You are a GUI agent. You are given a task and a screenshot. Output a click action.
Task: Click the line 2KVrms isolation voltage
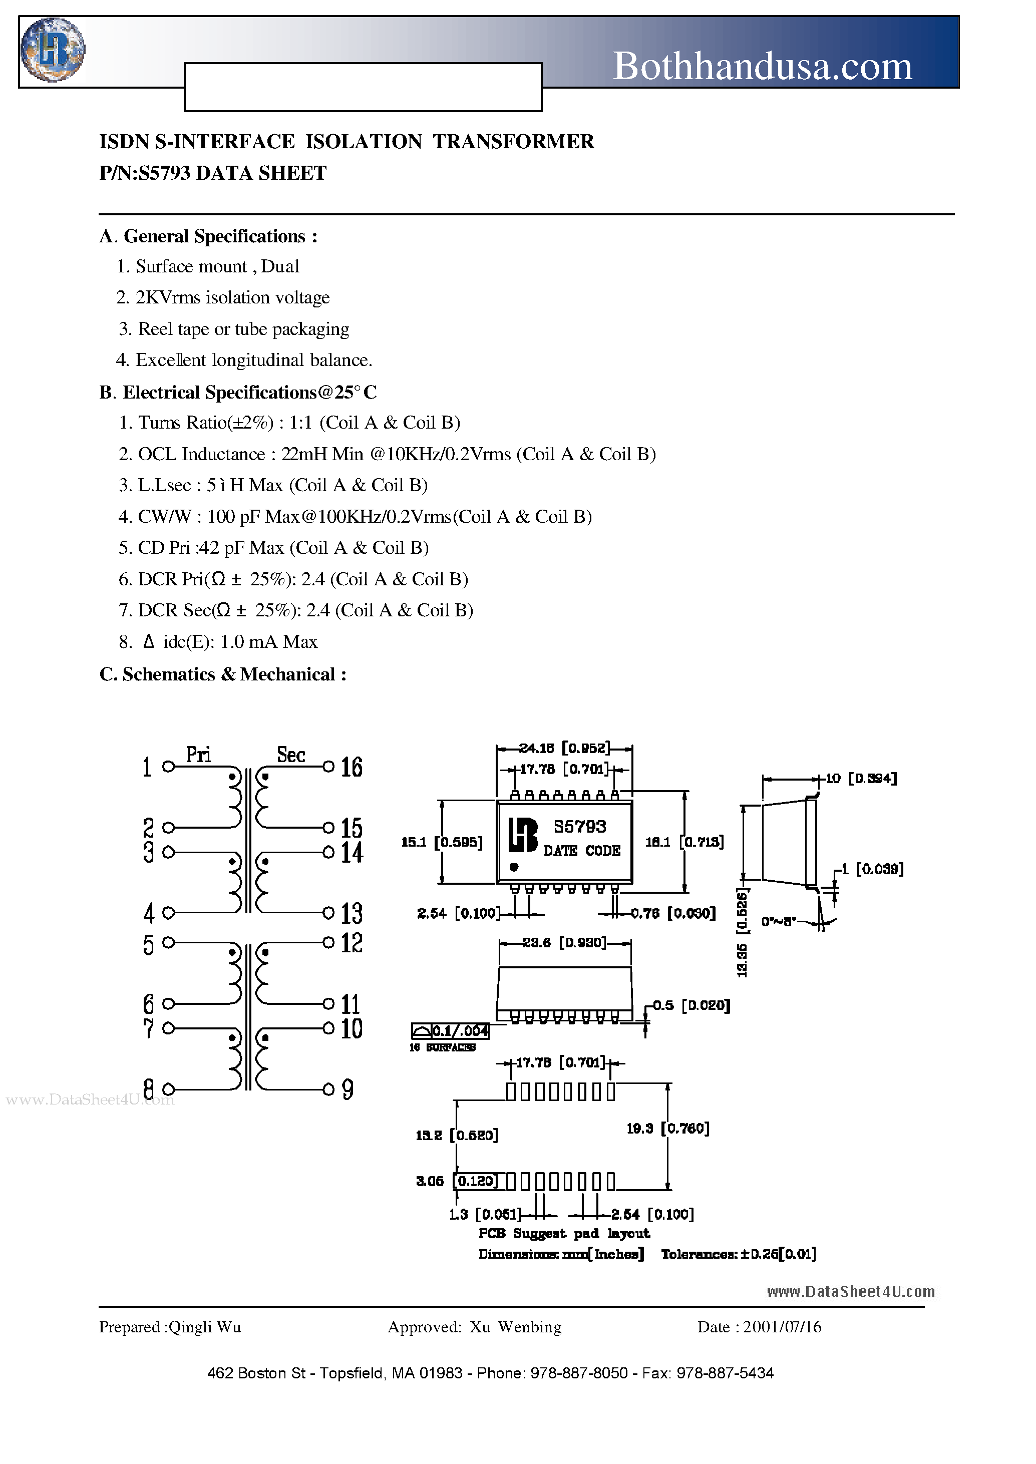click(x=232, y=297)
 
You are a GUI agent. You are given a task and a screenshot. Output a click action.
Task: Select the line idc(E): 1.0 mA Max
click(x=239, y=642)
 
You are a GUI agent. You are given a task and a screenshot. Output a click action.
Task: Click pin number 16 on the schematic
click(x=351, y=767)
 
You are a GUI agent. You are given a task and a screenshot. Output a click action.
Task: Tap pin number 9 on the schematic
click(x=348, y=1089)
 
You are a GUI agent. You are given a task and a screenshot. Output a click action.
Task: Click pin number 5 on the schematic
click(x=149, y=945)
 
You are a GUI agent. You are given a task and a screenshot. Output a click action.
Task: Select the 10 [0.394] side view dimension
click(x=861, y=778)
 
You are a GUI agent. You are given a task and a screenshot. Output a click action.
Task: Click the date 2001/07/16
click(x=782, y=1327)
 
